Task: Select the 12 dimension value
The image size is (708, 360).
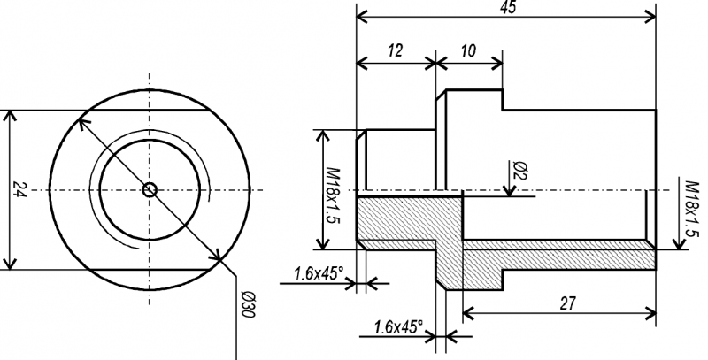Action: pyautogui.click(x=395, y=51)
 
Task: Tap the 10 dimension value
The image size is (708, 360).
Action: pyautogui.click(x=469, y=51)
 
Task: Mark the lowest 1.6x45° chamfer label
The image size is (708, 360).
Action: pyautogui.click(x=397, y=327)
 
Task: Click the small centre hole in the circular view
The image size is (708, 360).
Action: pyautogui.click(x=150, y=188)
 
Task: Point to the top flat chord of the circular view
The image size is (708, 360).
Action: pyautogui.click(x=149, y=111)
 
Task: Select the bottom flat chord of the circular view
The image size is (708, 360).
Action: pyautogui.click(x=149, y=267)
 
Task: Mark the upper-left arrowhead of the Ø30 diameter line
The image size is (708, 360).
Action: pyautogui.click(x=83, y=122)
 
